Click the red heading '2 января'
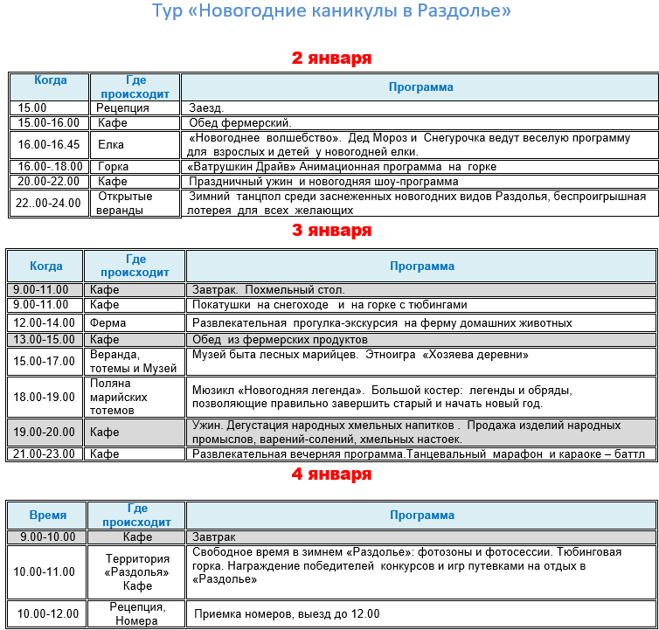tap(331, 59)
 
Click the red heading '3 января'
tap(331, 231)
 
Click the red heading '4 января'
tap(331, 474)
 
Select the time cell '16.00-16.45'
tap(48, 145)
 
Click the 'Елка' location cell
tap(111, 145)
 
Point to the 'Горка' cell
tap(114, 167)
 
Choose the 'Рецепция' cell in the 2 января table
tap(122, 108)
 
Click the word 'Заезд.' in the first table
tap(206, 108)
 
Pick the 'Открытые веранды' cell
tap(125, 203)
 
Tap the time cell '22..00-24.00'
tap(48, 203)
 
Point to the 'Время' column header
tap(48, 515)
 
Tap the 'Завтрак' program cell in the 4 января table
tap(214, 537)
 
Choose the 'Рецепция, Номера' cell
tap(136, 613)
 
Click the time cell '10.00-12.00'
tap(48, 613)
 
